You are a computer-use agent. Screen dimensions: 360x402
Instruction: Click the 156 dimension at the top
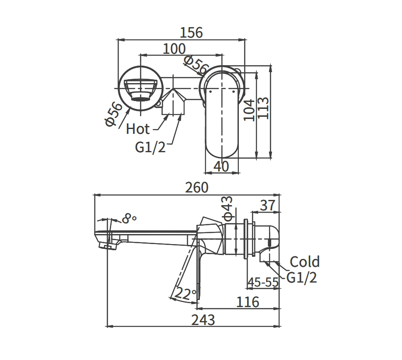(x=191, y=33)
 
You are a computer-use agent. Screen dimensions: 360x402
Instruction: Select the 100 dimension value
(x=174, y=49)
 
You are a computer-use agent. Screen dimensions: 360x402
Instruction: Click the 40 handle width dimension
(x=222, y=166)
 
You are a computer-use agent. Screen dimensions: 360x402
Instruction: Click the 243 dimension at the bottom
(x=204, y=320)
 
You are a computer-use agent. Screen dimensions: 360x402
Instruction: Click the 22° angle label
(x=185, y=293)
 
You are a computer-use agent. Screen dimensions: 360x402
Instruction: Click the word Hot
(x=138, y=129)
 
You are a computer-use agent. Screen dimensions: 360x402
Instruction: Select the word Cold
(x=304, y=262)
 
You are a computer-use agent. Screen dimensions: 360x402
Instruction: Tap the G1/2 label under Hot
(x=150, y=148)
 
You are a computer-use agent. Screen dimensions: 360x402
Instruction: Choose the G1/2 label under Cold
(x=302, y=278)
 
